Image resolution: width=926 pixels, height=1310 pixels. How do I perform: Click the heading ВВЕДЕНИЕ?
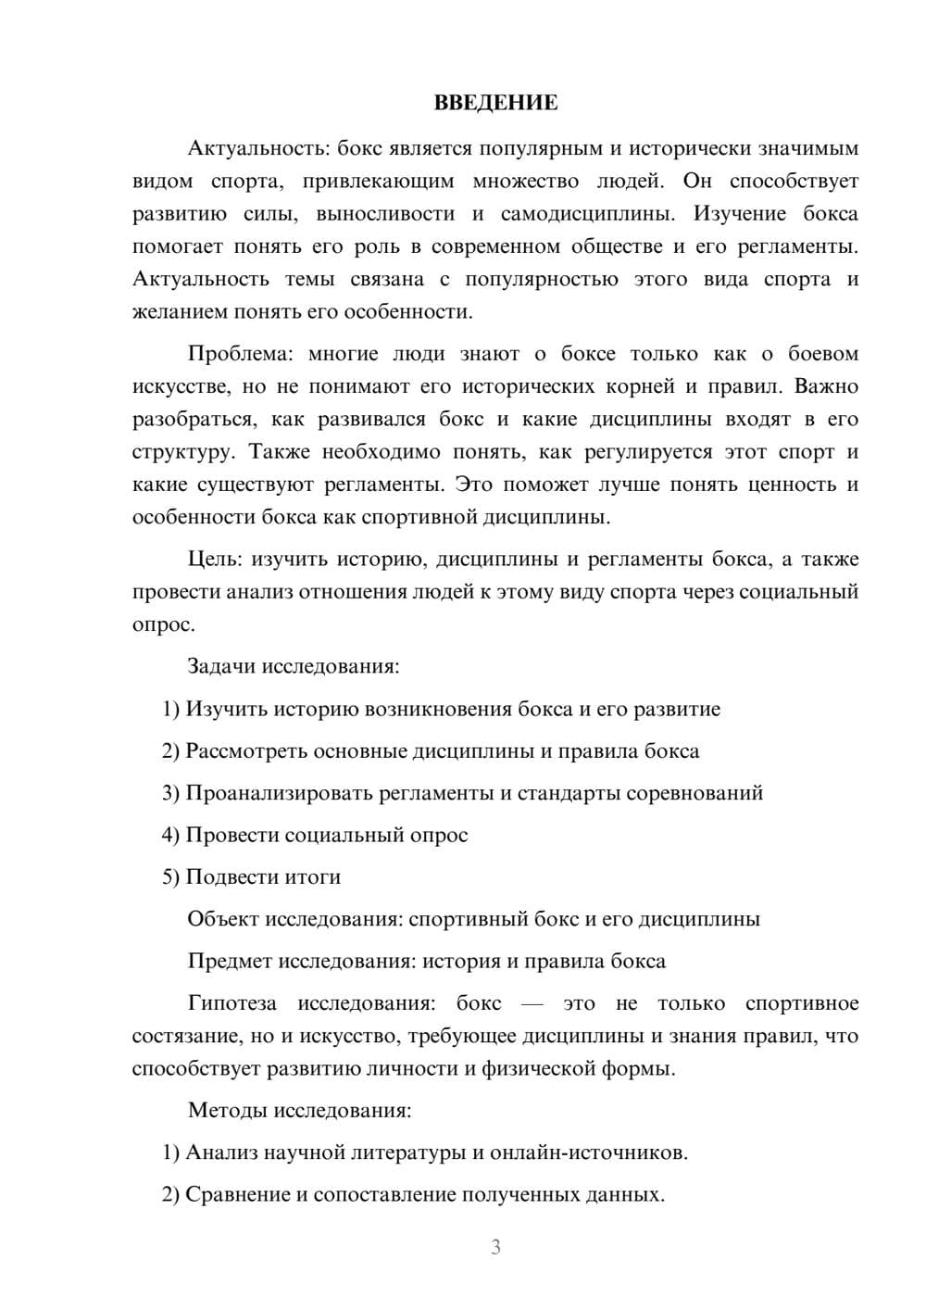point(495,103)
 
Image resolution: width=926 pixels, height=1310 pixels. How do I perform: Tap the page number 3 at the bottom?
point(495,1247)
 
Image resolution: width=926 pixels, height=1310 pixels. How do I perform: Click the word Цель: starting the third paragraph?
point(215,559)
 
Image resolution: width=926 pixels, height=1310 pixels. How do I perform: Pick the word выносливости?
point(385,214)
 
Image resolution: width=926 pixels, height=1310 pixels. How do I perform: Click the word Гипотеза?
point(231,1003)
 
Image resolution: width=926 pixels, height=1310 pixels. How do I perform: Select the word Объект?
point(222,919)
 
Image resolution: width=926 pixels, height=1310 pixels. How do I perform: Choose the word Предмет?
point(230,961)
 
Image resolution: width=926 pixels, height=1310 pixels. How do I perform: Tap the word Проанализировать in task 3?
point(269,793)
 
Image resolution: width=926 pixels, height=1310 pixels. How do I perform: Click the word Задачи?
point(221,666)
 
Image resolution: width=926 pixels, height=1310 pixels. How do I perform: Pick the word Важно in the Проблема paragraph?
point(826,386)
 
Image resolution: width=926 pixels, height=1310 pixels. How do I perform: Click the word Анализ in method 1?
point(221,1153)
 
